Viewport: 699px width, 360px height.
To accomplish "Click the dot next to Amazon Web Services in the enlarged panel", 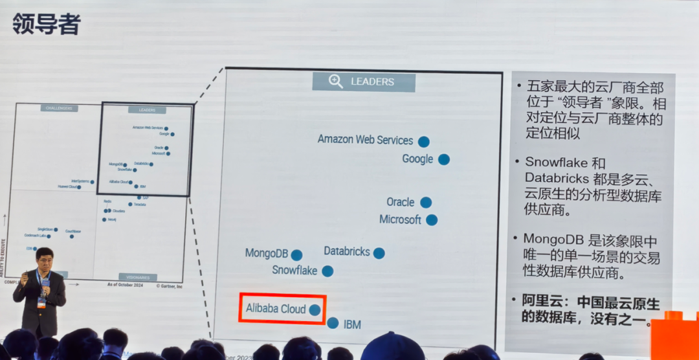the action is pos(423,141).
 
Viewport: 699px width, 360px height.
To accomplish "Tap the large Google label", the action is pos(417,159).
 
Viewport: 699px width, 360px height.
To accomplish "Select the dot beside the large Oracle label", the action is pos(425,203).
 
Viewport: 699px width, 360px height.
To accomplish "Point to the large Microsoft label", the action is pos(400,219).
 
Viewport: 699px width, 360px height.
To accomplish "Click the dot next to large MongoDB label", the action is pos(296,255).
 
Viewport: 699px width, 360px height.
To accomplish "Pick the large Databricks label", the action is pos(346,251).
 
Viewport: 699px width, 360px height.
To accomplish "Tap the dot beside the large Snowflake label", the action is pos(327,271).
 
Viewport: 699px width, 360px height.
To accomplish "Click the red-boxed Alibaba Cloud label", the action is pos(276,309).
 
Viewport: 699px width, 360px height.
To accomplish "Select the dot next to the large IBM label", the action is pos(333,322).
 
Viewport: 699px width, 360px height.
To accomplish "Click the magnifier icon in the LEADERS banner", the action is pos(335,82).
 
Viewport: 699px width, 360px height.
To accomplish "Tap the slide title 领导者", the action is pos(46,25).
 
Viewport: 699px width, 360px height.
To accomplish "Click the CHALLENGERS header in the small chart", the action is pos(59,108).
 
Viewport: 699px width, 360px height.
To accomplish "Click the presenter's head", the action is pos(44,258).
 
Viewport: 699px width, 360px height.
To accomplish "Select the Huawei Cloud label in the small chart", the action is pos(67,187).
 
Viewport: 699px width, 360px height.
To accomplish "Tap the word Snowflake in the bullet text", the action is pos(555,163).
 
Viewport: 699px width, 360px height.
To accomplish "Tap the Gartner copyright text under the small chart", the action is pos(170,285).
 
